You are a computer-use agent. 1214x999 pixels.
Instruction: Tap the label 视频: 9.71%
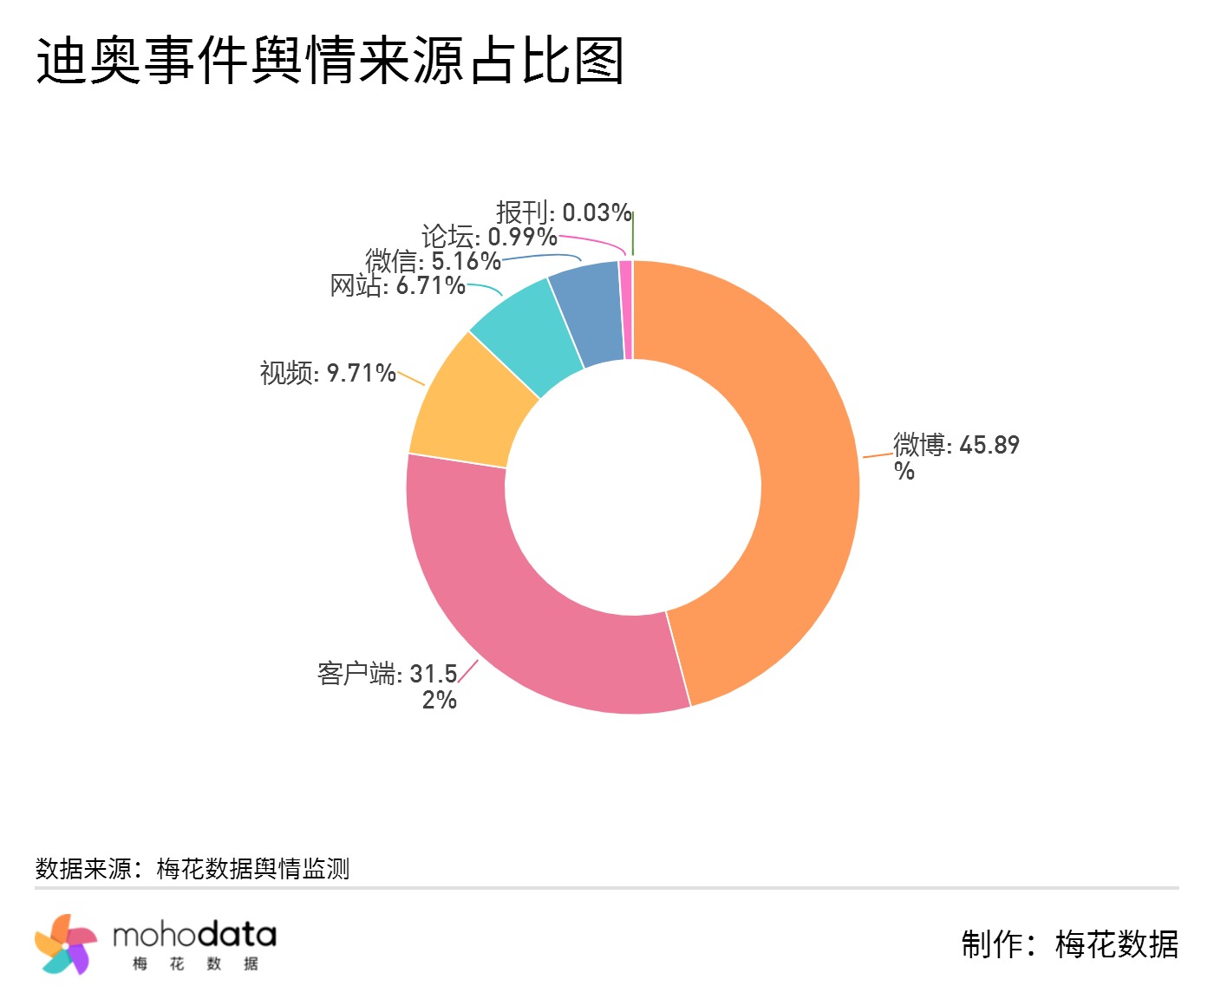[x=328, y=373]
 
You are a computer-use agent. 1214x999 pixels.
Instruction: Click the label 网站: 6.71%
[x=398, y=285]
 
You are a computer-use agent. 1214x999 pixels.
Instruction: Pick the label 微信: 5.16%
[x=433, y=260]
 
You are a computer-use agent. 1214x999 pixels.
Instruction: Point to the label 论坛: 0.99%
[x=489, y=236]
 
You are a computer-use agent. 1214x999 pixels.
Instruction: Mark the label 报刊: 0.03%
[x=563, y=212]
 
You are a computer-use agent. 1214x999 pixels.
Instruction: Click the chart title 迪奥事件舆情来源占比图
[x=330, y=61]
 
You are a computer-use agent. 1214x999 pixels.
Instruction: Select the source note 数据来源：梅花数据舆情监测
[x=193, y=868]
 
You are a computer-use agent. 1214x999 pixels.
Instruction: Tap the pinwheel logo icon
[x=66, y=943]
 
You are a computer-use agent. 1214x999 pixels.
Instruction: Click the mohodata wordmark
[x=194, y=936]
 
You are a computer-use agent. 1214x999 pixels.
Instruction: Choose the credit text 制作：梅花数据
[x=1069, y=943]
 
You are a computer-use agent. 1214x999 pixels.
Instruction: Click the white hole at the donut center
[x=633, y=486]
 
